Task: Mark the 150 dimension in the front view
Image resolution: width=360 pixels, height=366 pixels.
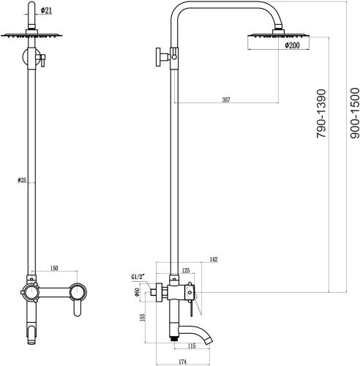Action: (55, 268)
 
